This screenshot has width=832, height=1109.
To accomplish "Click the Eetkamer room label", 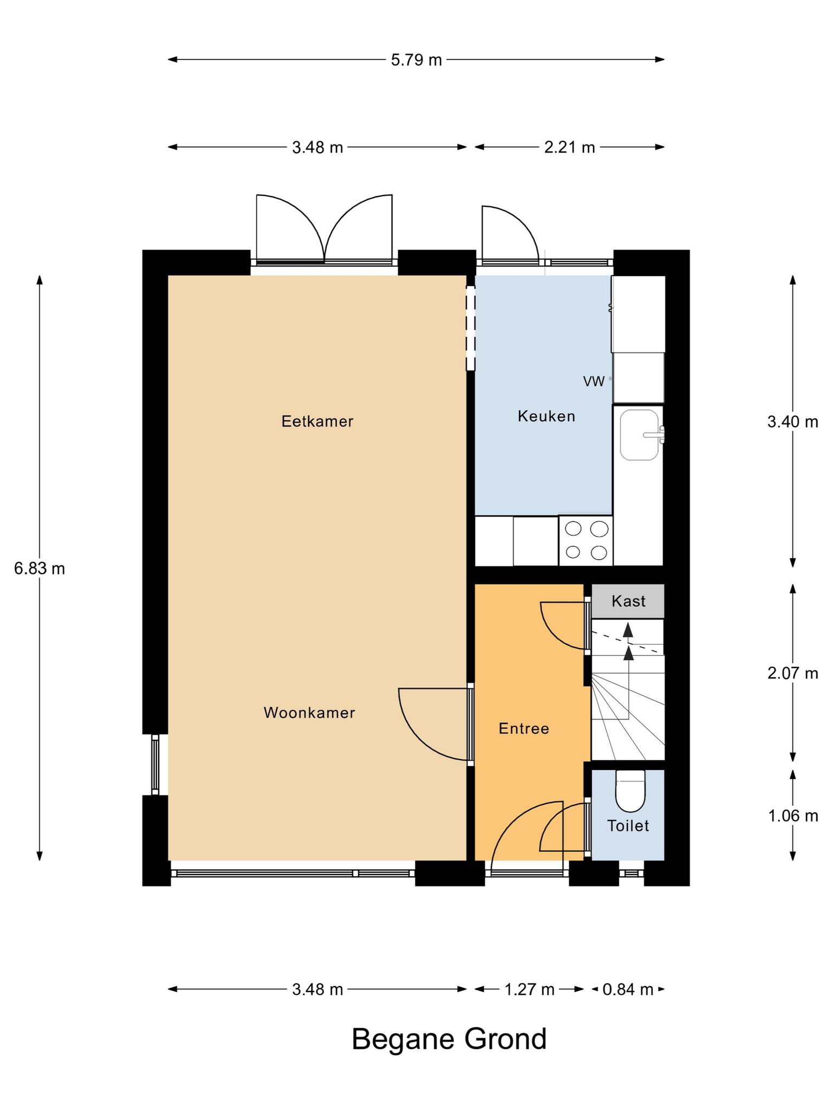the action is [x=317, y=421].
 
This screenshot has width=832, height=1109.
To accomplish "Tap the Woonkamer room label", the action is [x=309, y=713].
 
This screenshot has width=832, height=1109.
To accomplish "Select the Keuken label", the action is [x=547, y=416].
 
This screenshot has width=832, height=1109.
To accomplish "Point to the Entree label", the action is [x=524, y=729].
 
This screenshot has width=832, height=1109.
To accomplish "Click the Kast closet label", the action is [x=628, y=601].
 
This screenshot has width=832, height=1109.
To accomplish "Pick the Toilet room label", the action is [x=628, y=826].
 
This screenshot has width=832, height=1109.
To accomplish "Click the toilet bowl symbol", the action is [x=630, y=791].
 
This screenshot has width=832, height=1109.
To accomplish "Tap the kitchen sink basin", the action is [x=640, y=435].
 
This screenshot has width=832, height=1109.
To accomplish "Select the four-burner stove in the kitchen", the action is [x=586, y=540].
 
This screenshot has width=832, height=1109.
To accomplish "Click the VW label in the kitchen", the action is [x=594, y=382].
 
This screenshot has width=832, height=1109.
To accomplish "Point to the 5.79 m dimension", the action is [x=417, y=60].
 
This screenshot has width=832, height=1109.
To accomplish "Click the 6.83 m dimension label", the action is [x=40, y=569].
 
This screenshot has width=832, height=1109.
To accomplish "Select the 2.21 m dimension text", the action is [x=569, y=147].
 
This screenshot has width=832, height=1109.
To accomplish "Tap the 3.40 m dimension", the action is [x=792, y=422].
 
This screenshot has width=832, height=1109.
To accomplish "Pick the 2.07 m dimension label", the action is [x=792, y=674].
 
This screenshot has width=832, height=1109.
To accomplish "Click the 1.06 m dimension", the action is [x=792, y=816].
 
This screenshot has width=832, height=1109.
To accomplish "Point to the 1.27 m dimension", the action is [x=529, y=990].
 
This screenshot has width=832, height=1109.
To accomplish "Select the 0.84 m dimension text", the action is [x=628, y=990].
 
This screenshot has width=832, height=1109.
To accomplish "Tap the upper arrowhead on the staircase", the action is [x=628, y=629].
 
